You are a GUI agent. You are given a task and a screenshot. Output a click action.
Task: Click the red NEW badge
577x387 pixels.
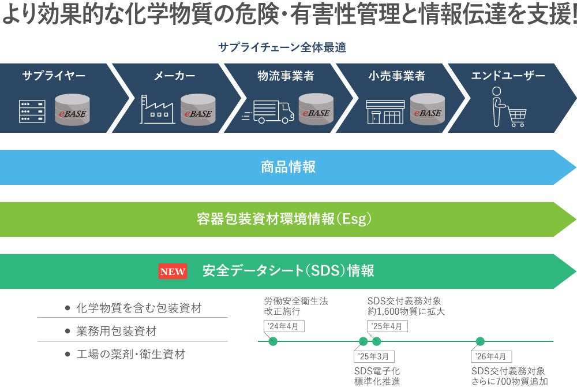[x=173, y=271]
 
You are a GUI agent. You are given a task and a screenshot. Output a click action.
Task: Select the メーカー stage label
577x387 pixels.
[x=174, y=76]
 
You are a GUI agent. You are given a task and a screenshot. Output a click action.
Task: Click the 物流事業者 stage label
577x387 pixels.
[x=286, y=76]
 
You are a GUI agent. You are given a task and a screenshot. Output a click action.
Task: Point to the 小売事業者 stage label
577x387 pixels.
[x=397, y=76]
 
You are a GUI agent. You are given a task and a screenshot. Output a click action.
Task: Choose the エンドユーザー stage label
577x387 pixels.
[x=508, y=76]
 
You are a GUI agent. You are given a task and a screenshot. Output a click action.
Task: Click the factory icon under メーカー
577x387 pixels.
[x=158, y=109]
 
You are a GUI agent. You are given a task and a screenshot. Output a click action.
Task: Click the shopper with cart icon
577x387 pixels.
[x=507, y=107]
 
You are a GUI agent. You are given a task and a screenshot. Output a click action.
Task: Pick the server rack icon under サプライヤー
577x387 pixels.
[x=32, y=111]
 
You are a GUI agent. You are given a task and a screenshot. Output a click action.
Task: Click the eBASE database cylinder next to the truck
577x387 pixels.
[x=316, y=110]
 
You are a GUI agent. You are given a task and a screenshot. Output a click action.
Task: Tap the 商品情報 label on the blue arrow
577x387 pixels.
[x=288, y=168]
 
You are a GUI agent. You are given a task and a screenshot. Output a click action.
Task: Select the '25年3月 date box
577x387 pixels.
[x=374, y=356]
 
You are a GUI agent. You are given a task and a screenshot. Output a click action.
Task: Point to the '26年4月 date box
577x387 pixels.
[x=491, y=356]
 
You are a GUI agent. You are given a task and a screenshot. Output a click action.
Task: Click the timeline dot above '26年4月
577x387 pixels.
[x=480, y=341]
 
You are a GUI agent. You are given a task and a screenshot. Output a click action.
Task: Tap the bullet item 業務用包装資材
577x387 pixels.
[x=116, y=332]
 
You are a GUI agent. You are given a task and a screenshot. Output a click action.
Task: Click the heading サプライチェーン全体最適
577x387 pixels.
[x=282, y=47]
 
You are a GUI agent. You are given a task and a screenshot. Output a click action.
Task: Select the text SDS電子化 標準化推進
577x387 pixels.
[x=377, y=376]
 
